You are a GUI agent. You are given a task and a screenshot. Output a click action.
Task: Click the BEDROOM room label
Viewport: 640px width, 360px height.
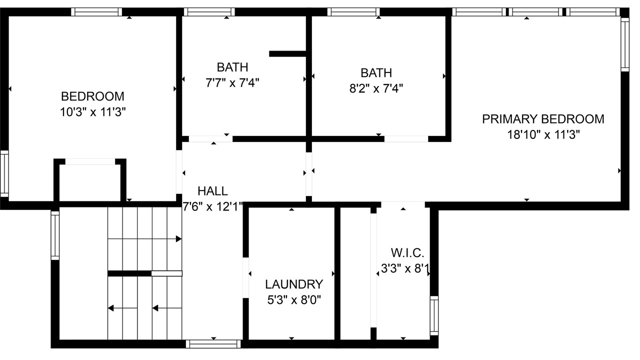[92, 96]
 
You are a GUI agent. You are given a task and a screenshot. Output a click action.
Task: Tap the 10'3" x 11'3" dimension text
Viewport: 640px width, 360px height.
[93, 112]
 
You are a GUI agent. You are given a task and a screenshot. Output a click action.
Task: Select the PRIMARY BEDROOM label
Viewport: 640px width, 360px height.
[543, 119]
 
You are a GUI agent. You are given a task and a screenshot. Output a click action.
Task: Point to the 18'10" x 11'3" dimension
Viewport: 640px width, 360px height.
[543, 134]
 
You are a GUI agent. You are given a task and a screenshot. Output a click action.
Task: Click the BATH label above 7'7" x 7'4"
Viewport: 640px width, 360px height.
[232, 67]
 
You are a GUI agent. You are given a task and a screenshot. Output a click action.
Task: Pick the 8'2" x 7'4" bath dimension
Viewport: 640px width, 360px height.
[376, 88]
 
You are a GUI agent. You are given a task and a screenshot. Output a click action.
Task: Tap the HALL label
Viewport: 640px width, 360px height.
[212, 191]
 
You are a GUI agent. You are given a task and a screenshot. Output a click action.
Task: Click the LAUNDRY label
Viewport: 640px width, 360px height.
[294, 284]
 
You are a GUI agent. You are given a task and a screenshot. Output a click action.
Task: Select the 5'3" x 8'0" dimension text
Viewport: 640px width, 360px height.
[294, 300]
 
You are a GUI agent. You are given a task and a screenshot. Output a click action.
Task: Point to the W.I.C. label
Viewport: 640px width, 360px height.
[407, 253]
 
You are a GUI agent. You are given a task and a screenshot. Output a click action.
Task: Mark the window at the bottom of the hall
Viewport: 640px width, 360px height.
[213, 344]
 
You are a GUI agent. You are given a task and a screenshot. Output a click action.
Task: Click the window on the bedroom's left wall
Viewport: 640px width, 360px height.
[4, 173]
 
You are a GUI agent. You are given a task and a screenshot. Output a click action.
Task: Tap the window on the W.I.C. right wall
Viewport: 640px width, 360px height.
[434, 315]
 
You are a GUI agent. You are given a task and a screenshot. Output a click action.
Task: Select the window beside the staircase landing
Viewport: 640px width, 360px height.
[55, 235]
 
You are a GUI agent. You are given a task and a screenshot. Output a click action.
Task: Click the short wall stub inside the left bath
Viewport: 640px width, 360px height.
[287, 53]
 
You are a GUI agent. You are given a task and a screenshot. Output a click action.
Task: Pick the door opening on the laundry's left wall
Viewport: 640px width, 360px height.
[245, 277]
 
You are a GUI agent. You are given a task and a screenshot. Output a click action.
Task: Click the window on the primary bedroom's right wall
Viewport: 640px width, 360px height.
[625, 44]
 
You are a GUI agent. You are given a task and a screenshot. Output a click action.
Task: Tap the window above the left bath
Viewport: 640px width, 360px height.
[209, 12]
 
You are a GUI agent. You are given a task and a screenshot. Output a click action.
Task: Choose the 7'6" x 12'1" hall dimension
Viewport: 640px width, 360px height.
[212, 206]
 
